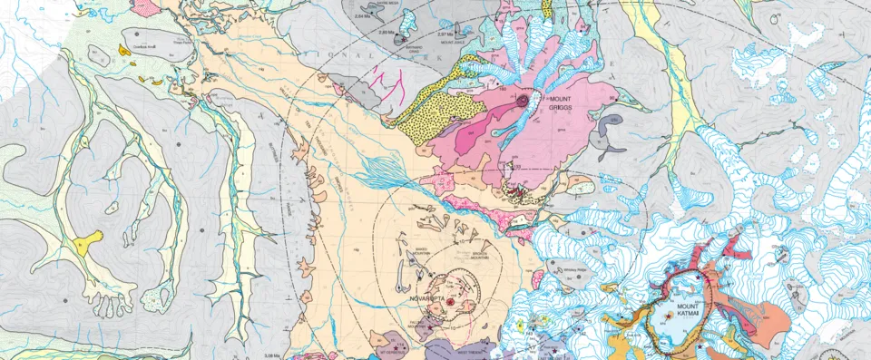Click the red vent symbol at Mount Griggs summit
coord(524,99)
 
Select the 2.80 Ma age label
coord(387,33)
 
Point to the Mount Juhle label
coord(452,42)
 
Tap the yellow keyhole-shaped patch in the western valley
coord(87,241)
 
